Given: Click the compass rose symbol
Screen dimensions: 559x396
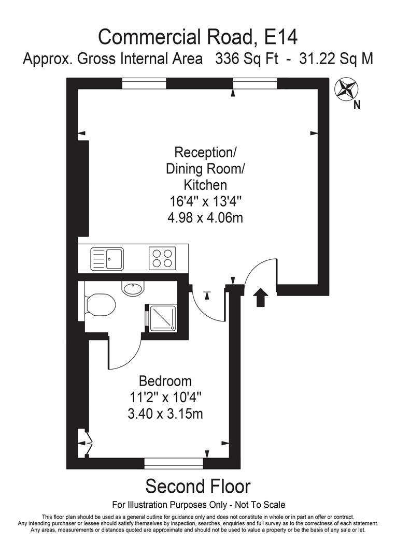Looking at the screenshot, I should pyautogui.click(x=345, y=89).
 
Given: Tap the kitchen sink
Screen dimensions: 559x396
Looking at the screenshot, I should pyautogui.click(x=107, y=258).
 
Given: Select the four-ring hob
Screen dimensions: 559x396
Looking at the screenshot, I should pyautogui.click(x=162, y=257).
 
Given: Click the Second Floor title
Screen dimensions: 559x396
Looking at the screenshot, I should pyautogui.click(x=197, y=487).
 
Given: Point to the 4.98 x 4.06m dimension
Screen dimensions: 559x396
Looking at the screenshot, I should pyautogui.click(x=205, y=218).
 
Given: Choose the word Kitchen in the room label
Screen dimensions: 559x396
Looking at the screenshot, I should pyautogui.click(x=205, y=185).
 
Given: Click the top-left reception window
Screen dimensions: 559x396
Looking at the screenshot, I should pyautogui.click(x=144, y=83).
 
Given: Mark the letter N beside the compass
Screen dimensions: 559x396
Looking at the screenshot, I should pyautogui.click(x=357, y=105).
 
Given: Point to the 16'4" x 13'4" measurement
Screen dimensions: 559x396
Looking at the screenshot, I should pyautogui.click(x=205, y=201).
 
